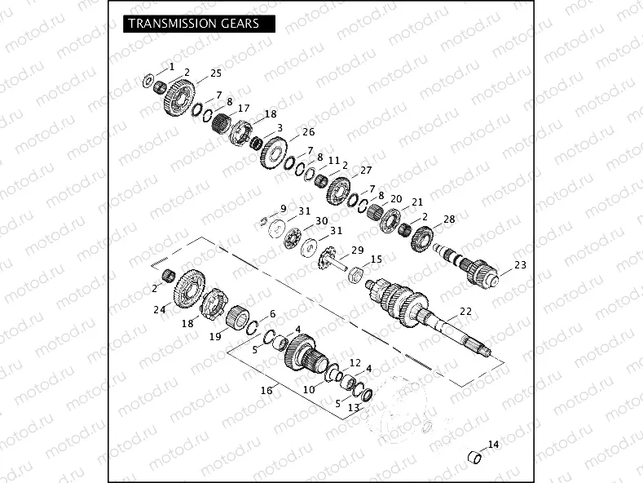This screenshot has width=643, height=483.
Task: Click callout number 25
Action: [x=216, y=73]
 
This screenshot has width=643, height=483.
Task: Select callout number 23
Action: [x=521, y=264]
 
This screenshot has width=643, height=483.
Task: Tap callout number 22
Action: [x=465, y=311]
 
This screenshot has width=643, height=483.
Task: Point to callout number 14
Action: [x=492, y=445]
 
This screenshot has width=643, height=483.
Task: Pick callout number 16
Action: [x=266, y=391]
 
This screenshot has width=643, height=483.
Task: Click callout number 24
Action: [x=160, y=309]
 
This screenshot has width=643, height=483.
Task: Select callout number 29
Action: [x=357, y=250]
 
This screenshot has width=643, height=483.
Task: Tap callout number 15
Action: [x=376, y=259]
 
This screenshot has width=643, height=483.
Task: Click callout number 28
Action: [x=448, y=220]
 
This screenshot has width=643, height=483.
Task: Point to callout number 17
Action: [x=244, y=109]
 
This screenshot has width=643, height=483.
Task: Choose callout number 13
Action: [x=353, y=407]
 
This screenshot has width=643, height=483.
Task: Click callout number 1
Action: [x=172, y=64]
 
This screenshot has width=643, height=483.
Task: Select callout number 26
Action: [x=308, y=132]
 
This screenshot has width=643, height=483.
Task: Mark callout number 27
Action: [x=366, y=170]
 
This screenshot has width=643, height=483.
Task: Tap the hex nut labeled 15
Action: [x=355, y=274]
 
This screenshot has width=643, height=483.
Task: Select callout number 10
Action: [x=309, y=389]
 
